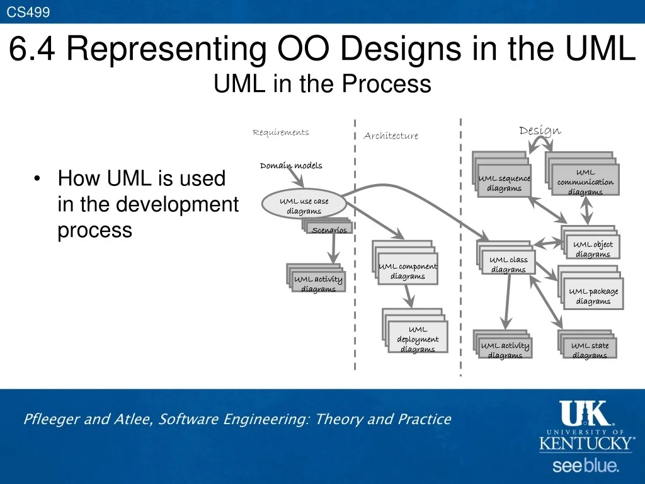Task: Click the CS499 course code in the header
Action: click(x=28, y=11)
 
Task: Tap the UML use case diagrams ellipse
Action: click(x=304, y=205)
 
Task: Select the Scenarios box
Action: click(x=329, y=229)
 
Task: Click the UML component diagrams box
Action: click(x=408, y=271)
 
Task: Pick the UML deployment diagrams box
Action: click(x=418, y=338)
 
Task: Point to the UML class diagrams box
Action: click(x=508, y=264)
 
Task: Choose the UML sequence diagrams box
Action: click(x=504, y=183)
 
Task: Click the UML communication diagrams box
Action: click(x=585, y=181)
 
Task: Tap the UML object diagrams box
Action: click(x=592, y=248)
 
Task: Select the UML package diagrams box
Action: click(x=593, y=295)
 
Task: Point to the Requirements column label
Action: click(x=280, y=132)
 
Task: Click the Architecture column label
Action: click(x=391, y=136)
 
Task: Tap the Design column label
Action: click(x=540, y=130)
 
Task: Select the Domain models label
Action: click(x=291, y=166)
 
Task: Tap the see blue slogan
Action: click(x=586, y=466)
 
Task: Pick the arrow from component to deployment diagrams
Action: click(x=409, y=295)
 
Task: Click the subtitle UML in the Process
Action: click(x=322, y=84)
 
